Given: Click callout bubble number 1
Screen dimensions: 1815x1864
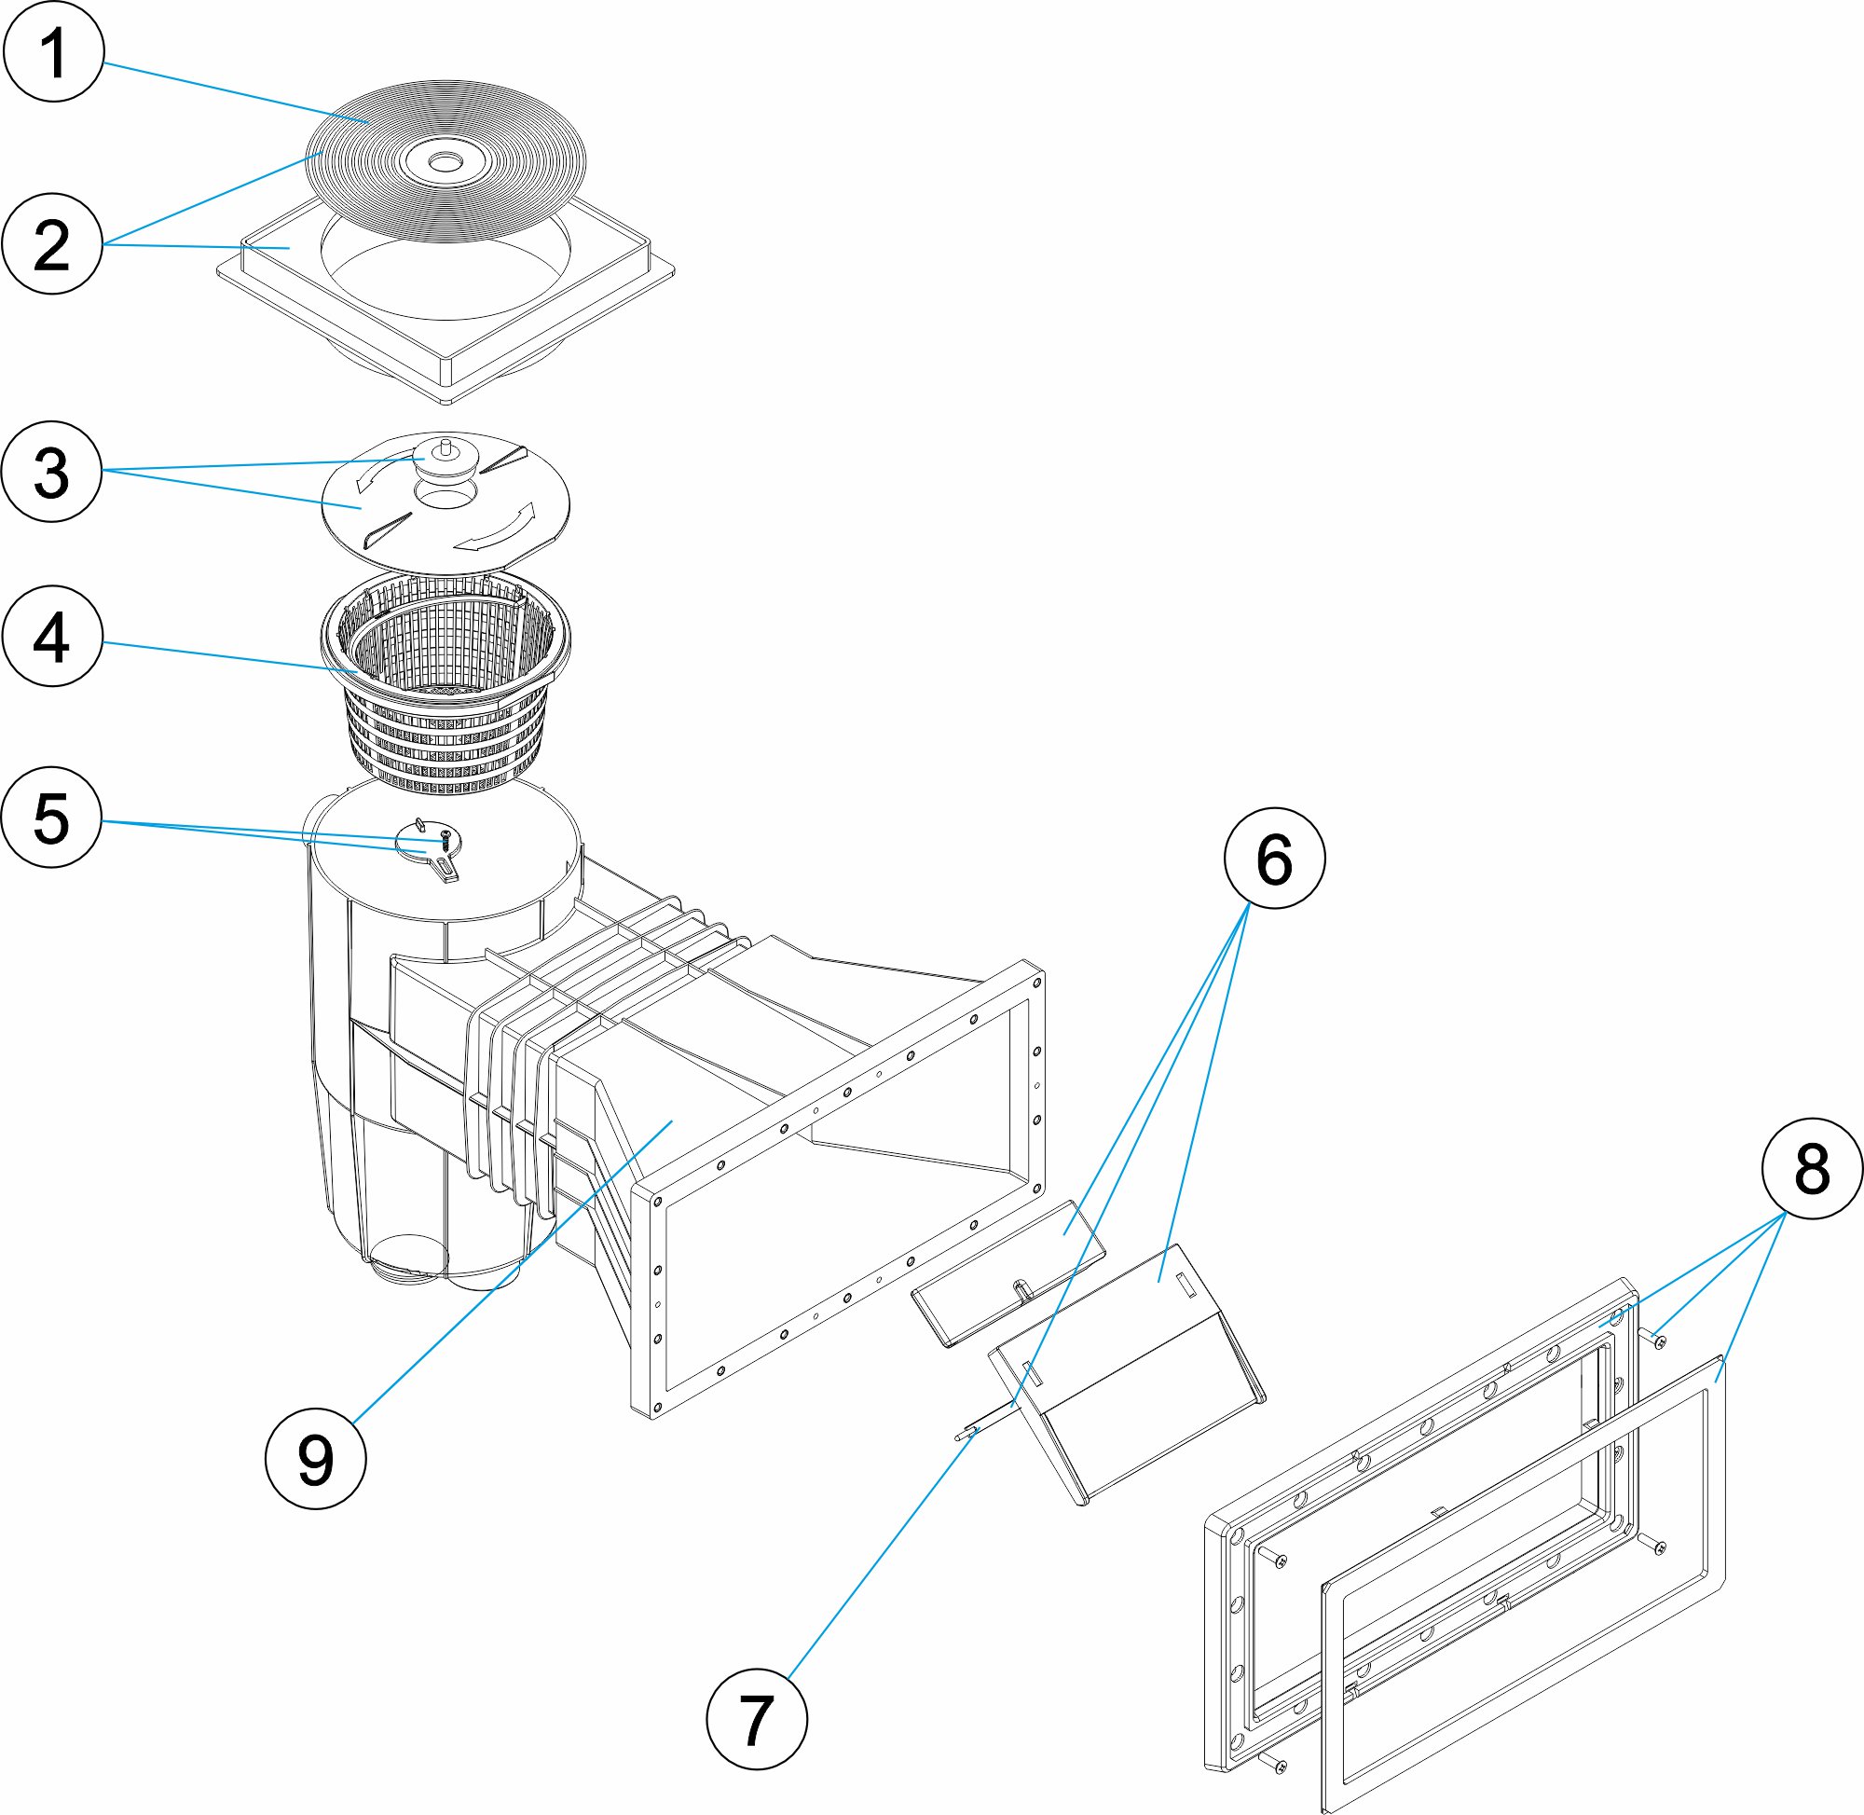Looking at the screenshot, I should pyautogui.click(x=52, y=51).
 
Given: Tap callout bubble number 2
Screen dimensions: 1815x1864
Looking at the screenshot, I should pyautogui.click(x=52, y=244).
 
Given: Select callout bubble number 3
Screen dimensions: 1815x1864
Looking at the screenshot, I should pyautogui.click(x=52, y=471).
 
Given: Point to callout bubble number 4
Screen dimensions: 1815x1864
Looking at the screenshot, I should pyautogui.click(x=52, y=636).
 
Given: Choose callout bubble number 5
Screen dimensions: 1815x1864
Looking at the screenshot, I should pyautogui.click(x=52, y=817).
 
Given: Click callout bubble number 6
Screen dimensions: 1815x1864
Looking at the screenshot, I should pyautogui.click(x=1273, y=858).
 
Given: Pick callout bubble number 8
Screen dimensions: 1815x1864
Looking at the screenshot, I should pyautogui.click(x=1811, y=1168).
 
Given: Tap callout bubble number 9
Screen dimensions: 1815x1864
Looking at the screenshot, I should pyautogui.click(x=315, y=1459).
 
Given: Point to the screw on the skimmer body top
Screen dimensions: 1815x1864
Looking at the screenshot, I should pyautogui.click(x=443, y=838).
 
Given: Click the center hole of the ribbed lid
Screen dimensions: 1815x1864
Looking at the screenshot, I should pyautogui.click(x=443, y=163).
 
